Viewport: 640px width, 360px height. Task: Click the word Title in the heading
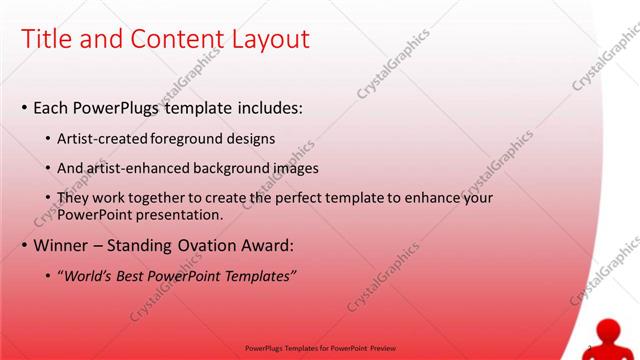[x=45, y=39]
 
